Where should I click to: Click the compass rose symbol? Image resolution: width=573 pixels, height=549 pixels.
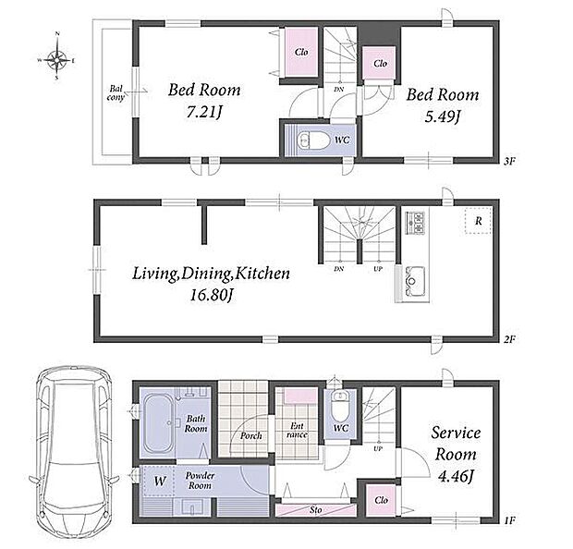point(57,59)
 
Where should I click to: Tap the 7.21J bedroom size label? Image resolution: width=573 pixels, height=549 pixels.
point(204,113)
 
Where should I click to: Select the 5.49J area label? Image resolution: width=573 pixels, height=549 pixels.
point(442,117)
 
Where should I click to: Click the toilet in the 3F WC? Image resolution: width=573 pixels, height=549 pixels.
point(312,140)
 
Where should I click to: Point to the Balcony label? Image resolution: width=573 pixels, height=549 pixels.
point(116,93)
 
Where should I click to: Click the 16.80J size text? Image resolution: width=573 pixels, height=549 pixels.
point(212,296)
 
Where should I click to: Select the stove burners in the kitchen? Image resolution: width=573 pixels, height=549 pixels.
point(415,223)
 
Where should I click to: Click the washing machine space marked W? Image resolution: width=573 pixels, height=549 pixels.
point(159,481)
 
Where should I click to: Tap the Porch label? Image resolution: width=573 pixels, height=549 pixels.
point(250,435)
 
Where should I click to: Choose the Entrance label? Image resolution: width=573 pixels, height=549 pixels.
point(297,431)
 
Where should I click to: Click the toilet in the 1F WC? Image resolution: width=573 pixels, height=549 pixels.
point(341,406)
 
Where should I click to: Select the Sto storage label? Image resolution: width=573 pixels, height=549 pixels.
point(316,510)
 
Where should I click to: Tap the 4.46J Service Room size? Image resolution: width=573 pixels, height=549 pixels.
point(456,477)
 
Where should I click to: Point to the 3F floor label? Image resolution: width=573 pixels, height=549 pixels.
point(509,161)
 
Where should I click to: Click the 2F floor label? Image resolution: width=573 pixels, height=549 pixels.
point(509,339)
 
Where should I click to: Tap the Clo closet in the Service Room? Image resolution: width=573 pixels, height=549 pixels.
point(381,500)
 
